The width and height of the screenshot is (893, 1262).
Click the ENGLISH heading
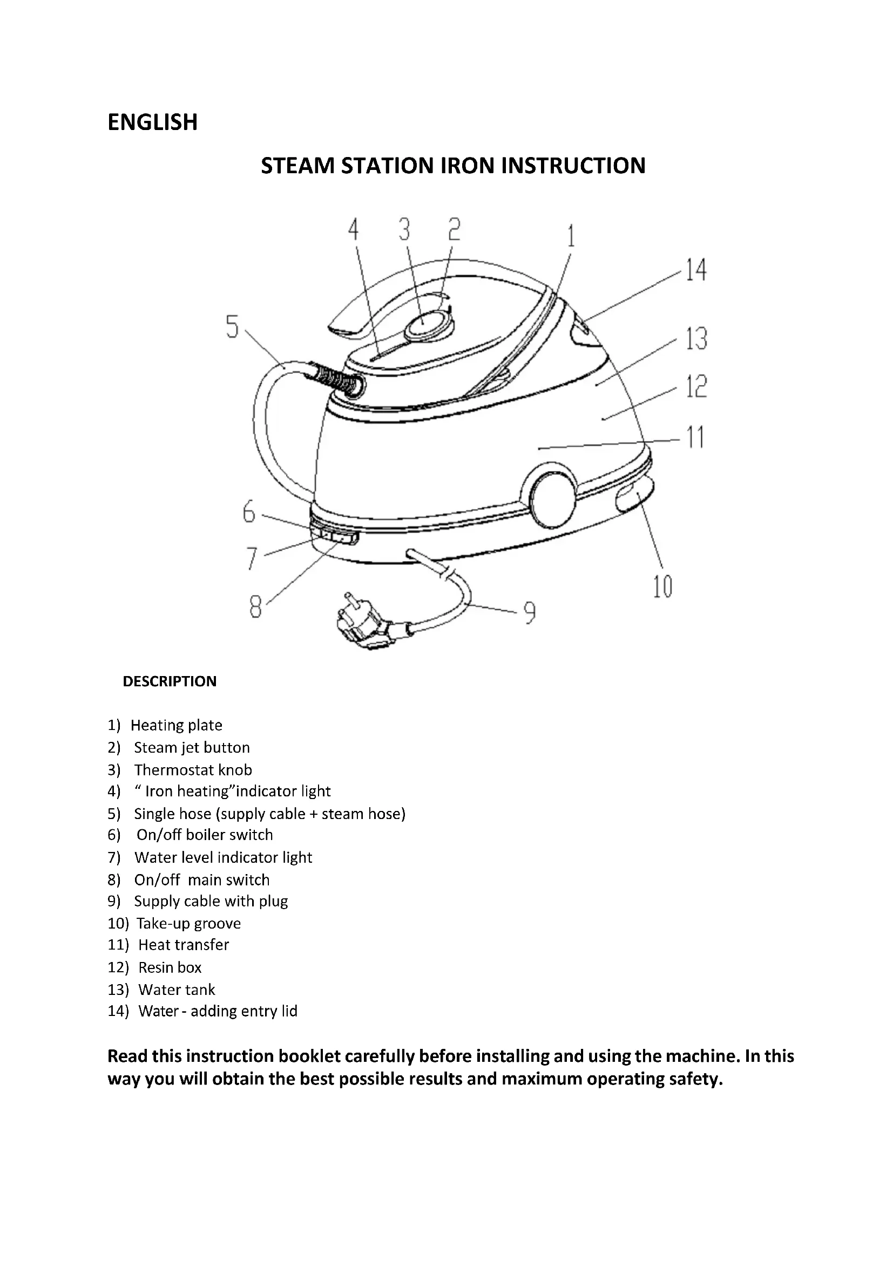click(x=152, y=122)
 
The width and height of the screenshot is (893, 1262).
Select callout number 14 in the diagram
click(x=695, y=270)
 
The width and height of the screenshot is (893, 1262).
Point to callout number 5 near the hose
click(x=233, y=328)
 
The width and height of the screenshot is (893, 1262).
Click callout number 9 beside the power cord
click(x=529, y=613)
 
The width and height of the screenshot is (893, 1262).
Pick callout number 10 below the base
click(x=662, y=587)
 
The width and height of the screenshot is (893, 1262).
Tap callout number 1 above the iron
click(x=571, y=236)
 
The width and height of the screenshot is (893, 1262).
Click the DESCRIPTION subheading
click(x=170, y=681)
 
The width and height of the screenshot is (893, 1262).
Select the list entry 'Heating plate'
click(x=176, y=726)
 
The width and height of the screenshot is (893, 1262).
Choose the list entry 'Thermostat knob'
click(x=193, y=770)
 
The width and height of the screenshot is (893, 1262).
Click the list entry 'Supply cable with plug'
click(x=211, y=902)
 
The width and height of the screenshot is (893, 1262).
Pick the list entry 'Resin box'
click(x=170, y=967)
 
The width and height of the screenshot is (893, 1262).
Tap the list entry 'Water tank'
click(x=177, y=990)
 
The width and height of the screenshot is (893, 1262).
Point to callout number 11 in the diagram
click(x=695, y=438)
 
